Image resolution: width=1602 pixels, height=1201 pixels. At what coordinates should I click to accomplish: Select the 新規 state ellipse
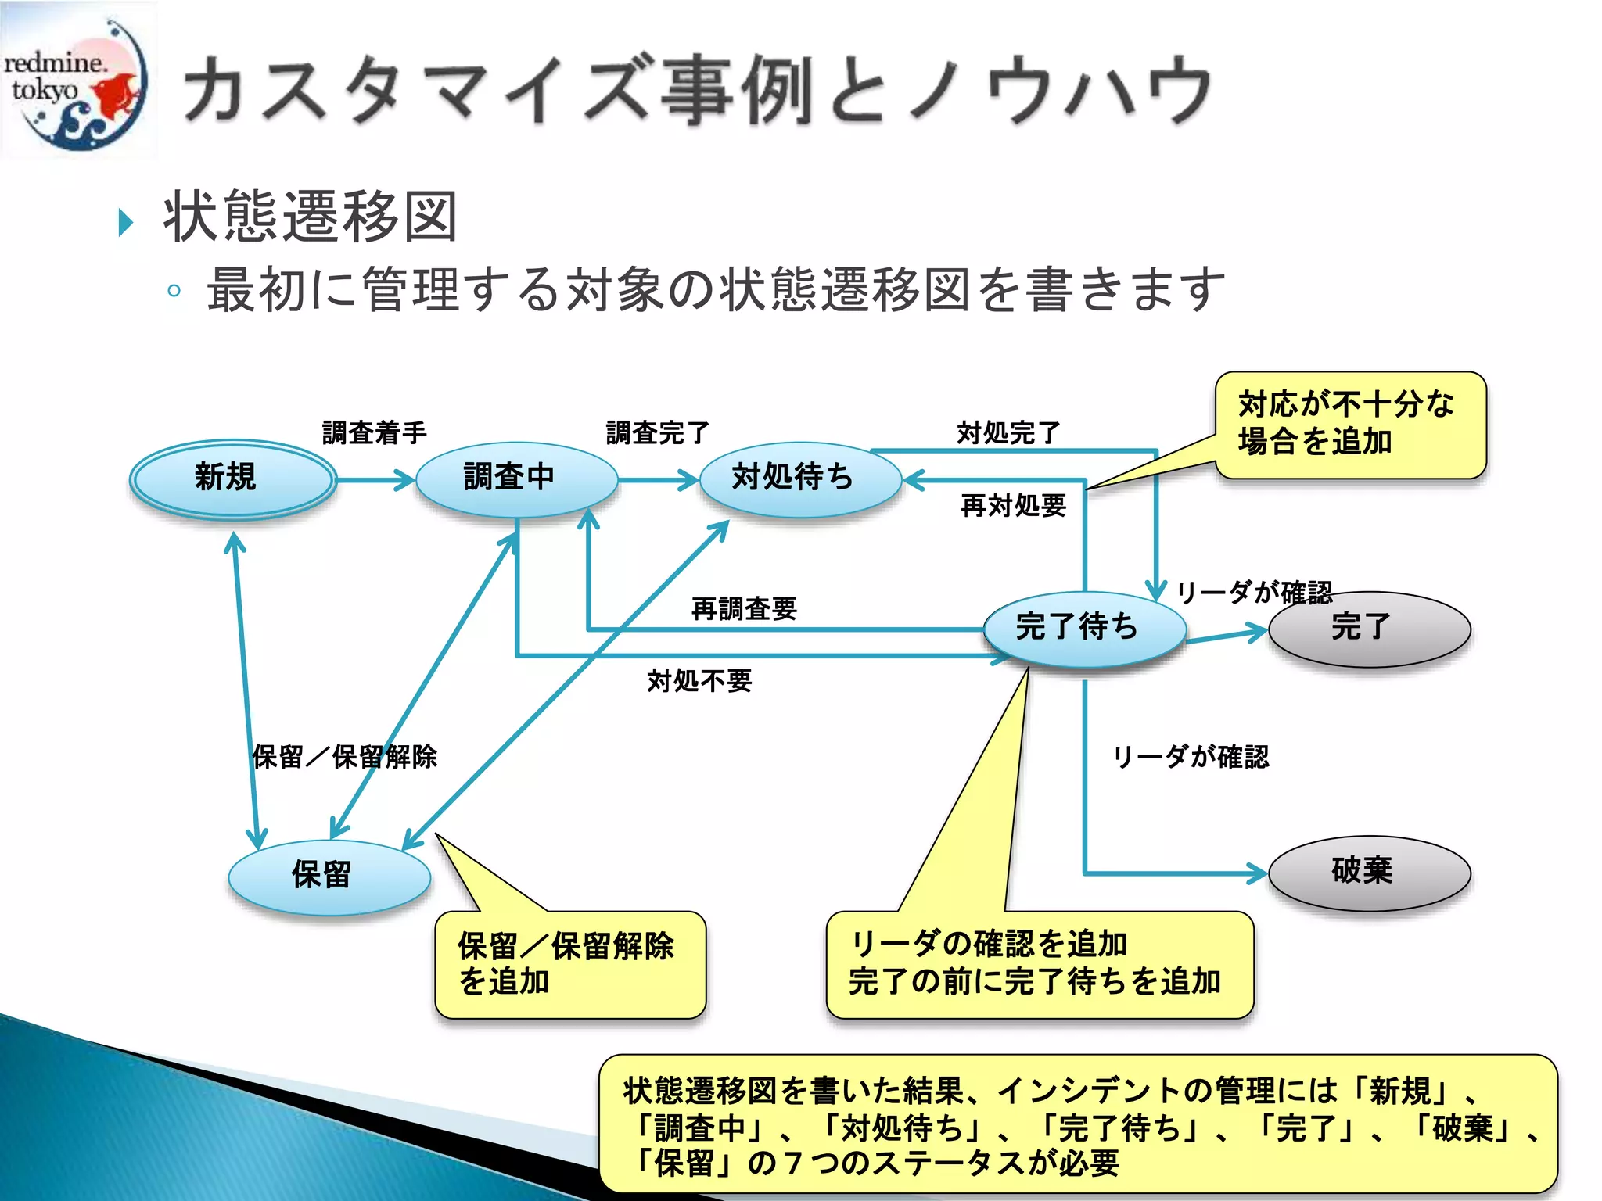(232, 479)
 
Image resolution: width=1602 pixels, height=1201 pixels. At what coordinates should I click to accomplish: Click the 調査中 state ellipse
(516, 479)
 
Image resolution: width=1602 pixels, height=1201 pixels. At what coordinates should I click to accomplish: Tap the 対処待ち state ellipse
(799, 479)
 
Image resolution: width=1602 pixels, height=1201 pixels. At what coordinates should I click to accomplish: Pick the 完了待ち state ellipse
(1084, 628)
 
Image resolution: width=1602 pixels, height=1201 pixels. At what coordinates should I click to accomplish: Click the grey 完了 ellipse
(1369, 629)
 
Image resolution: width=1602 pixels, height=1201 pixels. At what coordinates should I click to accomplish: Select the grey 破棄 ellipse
(1369, 873)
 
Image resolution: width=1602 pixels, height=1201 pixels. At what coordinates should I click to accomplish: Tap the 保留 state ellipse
(329, 877)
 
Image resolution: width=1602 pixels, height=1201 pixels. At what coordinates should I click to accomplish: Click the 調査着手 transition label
(374, 432)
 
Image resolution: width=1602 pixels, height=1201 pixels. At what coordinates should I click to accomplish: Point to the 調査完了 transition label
(657, 432)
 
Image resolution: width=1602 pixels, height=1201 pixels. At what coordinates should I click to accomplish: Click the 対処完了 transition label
(1008, 432)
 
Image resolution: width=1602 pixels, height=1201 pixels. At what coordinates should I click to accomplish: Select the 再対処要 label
(1013, 506)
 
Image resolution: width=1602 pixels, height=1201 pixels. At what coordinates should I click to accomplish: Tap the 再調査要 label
(744, 608)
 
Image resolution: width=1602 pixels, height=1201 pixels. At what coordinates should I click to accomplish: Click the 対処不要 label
(699, 681)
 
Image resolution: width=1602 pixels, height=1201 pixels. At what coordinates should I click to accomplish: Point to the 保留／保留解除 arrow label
(344, 757)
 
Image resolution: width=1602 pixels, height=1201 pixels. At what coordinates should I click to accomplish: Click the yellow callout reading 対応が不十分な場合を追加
(1350, 425)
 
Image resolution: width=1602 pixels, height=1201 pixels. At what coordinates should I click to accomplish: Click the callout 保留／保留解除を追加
(569, 964)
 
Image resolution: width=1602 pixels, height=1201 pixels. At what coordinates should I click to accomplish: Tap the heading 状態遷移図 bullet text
(310, 217)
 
